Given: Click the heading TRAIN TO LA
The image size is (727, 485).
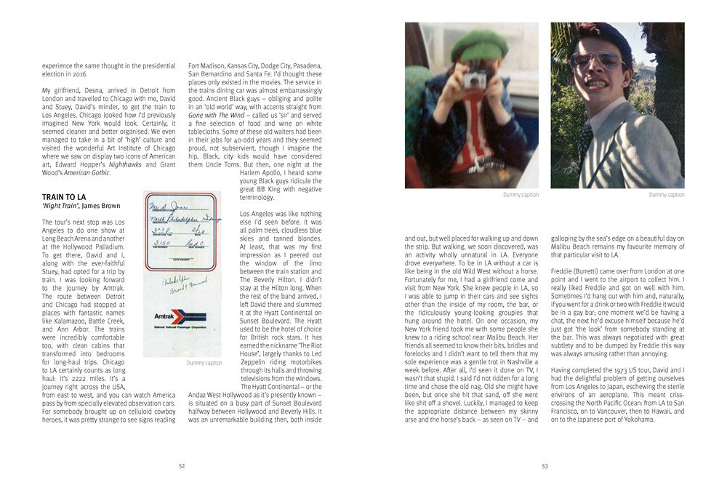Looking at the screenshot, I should tap(64, 197).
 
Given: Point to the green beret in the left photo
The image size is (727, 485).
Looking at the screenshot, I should tap(479, 45).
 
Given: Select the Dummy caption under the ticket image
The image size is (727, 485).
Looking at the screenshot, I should tap(204, 362).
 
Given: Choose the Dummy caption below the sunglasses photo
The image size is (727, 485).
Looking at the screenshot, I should tap(667, 196).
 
